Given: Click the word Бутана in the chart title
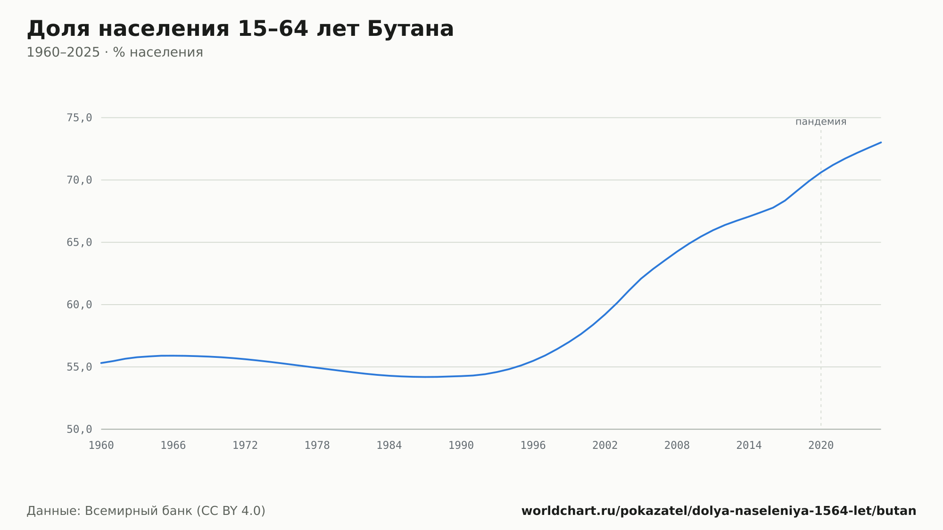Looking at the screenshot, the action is click(x=410, y=29).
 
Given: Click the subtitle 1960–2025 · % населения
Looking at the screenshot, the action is click(x=115, y=52).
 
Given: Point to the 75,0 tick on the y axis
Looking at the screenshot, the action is click(x=79, y=118).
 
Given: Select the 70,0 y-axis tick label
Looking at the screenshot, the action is click(x=79, y=180).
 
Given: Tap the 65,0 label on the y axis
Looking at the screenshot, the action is click(x=79, y=242).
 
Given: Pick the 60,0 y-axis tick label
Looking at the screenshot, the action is click(x=79, y=305).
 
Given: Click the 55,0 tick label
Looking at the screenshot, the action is click(x=79, y=367).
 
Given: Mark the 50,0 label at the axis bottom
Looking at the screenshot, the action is click(x=79, y=429).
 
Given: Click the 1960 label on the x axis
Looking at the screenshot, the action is click(x=101, y=446).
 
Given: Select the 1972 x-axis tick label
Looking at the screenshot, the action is click(x=245, y=446).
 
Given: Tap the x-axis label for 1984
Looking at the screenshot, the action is click(x=389, y=446).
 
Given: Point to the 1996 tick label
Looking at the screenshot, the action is click(x=533, y=446).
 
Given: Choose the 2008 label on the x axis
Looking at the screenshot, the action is click(x=677, y=446).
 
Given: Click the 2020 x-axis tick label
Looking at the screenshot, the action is click(x=821, y=446).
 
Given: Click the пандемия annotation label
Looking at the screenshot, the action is click(x=821, y=122).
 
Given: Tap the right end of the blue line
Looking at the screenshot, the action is click(x=881, y=142).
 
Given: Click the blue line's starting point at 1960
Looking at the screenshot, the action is click(x=101, y=363).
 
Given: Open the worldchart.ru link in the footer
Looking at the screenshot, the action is click(x=719, y=511).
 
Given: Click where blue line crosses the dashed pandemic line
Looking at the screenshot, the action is click(x=821, y=173).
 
